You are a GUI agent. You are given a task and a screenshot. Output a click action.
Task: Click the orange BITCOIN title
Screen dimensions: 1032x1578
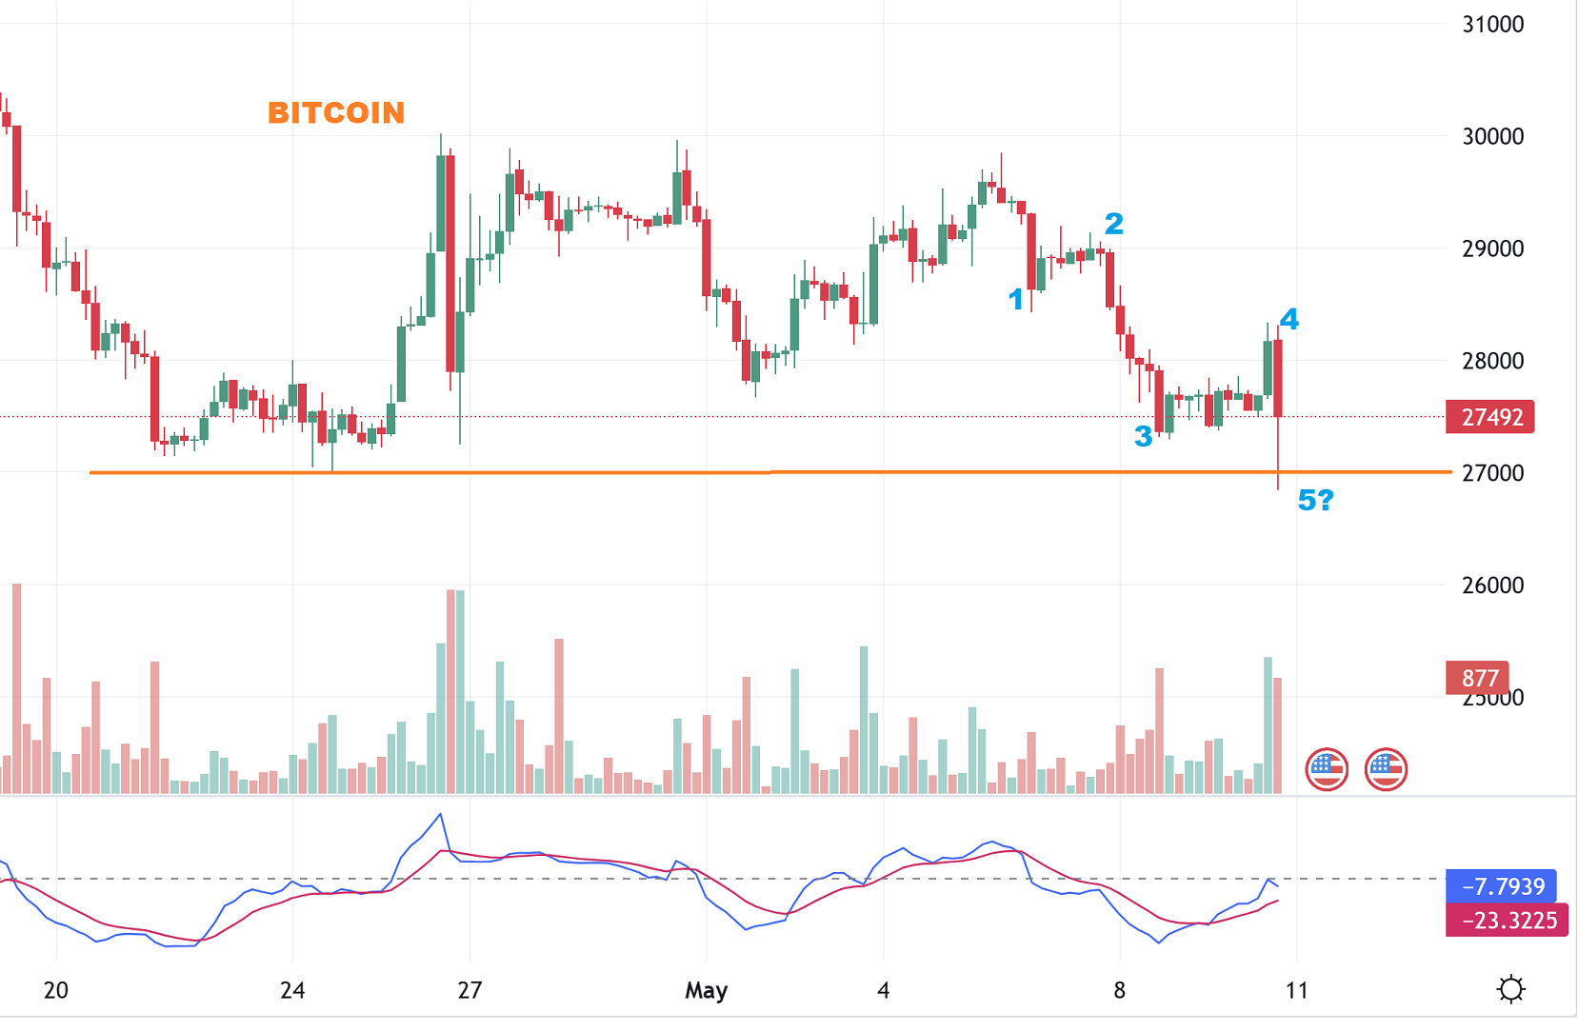pyautogui.click(x=336, y=113)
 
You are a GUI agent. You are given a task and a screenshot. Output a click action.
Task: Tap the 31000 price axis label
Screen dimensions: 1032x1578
pyautogui.click(x=1492, y=25)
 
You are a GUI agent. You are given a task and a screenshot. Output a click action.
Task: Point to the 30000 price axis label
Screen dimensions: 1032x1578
pyautogui.click(x=1492, y=136)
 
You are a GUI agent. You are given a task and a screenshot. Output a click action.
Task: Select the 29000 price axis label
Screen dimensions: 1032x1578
pyautogui.click(x=1492, y=248)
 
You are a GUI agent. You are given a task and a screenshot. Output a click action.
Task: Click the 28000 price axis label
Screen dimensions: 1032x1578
pyautogui.click(x=1492, y=361)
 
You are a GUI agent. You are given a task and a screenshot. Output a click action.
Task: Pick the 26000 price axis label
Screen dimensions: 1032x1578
pyautogui.click(x=1492, y=585)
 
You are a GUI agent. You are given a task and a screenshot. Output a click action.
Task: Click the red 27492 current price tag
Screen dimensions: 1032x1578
pyautogui.click(x=1490, y=417)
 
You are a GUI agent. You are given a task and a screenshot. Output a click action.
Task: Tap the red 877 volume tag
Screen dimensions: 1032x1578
pyautogui.click(x=1478, y=678)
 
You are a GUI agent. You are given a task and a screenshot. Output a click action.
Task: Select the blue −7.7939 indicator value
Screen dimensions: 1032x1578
pyautogui.click(x=1502, y=886)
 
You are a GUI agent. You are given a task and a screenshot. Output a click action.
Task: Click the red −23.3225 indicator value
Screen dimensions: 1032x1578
pyautogui.click(x=1508, y=921)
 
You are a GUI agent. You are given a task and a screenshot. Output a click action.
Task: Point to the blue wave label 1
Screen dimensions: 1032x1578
pyautogui.click(x=1016, y=300)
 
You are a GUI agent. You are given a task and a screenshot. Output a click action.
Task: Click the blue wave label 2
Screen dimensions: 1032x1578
pyautogui.click(x=1113, y=224)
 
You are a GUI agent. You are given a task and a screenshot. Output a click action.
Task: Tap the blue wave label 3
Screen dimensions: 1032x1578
pyautogui.click(x=1143, y=436)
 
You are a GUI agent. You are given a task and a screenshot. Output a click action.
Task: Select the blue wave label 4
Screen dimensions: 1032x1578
pyautogui.click(x=1288, y=319)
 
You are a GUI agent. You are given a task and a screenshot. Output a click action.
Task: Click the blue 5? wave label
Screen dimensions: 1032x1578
pyautogui.click(x=1315, y=500)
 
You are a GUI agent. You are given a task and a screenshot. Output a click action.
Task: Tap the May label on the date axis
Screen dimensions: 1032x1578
pyautogui.click(x=706, y=990)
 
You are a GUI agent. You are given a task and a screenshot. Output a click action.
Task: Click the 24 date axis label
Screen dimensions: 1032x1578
pyautogui.click(x=292, y=990)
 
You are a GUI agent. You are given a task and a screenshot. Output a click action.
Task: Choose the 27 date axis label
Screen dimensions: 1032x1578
pyautogui.click(x=469, y=990)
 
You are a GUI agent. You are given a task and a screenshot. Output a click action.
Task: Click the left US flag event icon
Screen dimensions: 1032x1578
pyautogui.click(x=1327, y=768)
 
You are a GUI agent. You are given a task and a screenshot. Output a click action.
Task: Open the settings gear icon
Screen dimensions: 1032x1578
pyautogui.click(x=1510, y=989)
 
